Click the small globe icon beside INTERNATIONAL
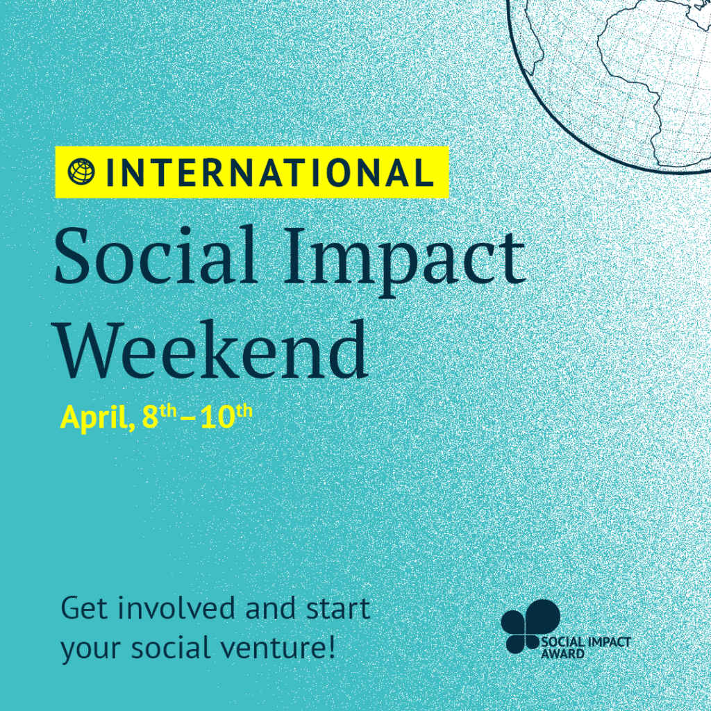(82, 172)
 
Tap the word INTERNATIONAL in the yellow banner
(269, 172)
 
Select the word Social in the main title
(155, 256)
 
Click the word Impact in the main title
(405, 262)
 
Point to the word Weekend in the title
(212, 349)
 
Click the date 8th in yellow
(159, 415)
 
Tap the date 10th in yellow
(226, 415)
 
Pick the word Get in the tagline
(85, 608)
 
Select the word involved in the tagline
(177, 608)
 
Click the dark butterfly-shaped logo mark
(530, 626)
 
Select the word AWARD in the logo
(562, 653)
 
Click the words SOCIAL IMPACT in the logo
(586, 642)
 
